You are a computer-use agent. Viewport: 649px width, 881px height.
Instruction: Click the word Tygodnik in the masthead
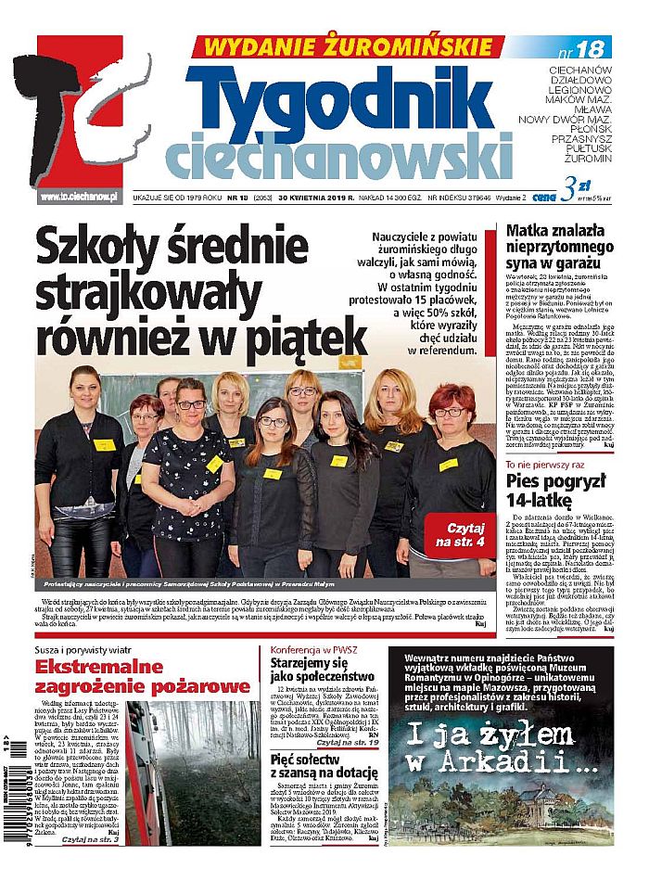(345, 96)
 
